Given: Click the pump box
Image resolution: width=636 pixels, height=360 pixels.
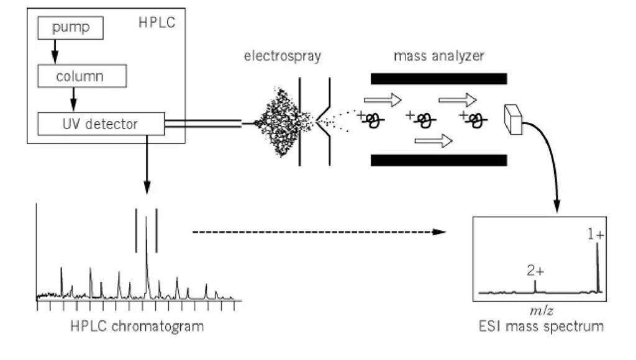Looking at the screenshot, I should point(70,28).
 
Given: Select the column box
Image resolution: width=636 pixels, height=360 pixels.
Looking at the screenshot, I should point(83,76).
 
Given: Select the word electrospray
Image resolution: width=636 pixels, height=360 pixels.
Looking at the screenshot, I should point(282,57).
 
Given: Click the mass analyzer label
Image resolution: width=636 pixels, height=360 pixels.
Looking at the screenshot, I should point(439,57).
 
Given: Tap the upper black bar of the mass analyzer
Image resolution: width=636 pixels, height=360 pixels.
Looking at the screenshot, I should point(438,79).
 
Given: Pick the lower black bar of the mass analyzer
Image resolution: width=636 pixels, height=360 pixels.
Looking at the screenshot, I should point(438,160).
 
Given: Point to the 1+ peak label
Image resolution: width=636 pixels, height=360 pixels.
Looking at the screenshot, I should point(596,235).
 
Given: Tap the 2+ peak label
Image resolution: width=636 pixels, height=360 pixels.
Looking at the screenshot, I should point(535,271).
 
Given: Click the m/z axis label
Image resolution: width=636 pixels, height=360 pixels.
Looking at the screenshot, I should point(537,309).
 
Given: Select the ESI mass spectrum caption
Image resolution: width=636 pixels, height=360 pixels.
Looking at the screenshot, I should point(537,326).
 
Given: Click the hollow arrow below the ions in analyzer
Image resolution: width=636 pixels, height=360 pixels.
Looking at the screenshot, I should point(433,142).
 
